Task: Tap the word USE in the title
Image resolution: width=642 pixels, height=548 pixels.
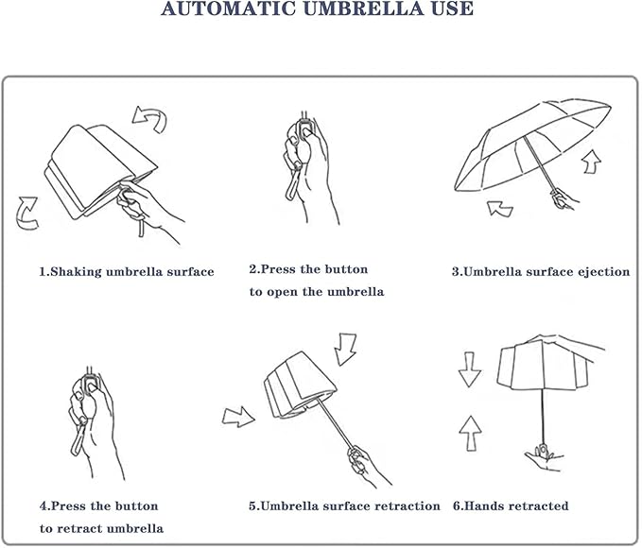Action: coord(448,10)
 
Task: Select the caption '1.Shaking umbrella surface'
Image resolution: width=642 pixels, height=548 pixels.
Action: coord(126,272)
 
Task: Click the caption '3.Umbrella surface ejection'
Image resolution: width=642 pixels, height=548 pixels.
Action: coord(540,272)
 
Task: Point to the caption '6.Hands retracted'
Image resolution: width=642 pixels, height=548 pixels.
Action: coord(511,506)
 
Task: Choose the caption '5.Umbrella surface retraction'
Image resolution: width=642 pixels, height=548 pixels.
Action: coord(344,506)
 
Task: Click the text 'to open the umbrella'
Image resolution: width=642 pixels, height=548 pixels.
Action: coord(317,293)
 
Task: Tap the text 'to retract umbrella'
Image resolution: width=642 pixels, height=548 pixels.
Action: coord(101,528)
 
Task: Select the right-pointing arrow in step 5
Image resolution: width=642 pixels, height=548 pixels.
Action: coord(239,415)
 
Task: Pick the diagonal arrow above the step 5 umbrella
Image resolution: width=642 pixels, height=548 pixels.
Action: coord(347,348)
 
